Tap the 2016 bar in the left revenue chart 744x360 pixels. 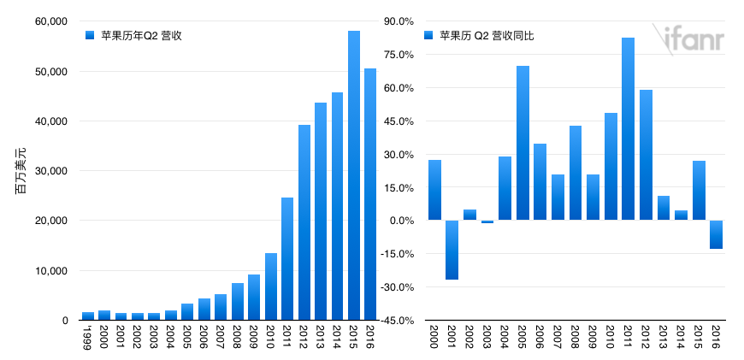click(370, 194)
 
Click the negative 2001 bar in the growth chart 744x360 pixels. click(452, 250)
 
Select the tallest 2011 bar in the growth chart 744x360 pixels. click(628, 129)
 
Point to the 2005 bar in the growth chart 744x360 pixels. click(523, 143)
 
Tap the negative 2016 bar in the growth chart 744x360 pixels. click(716, 234)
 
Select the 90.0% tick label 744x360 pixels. click(397, 21)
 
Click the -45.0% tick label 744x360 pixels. click(395, 321)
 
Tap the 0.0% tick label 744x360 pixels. click(399, 221)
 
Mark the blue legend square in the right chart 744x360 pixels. click(428, 35)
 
